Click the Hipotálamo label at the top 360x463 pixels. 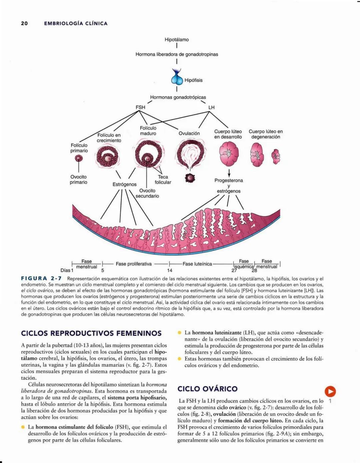click(177, 40)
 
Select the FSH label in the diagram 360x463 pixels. click(140, 107)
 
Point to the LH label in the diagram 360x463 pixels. click(211, 107)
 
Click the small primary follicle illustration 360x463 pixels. click(79, 158)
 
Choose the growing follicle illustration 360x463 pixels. click(108, 157)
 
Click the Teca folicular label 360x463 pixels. click(163, 180)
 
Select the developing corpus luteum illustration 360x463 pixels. click(229, 154)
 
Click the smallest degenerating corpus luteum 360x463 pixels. click(276, 157)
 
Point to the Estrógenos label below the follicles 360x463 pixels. click(124, 184)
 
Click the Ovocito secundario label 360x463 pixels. click(147, 193)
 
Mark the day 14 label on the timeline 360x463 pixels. click(170, 270)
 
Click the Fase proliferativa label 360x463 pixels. click(134, 264)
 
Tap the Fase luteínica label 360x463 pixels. click(197, 264)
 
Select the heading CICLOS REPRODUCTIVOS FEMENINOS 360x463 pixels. click(91, 333)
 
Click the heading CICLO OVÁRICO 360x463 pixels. click(207, 389)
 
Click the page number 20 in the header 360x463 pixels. click(24, 23)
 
